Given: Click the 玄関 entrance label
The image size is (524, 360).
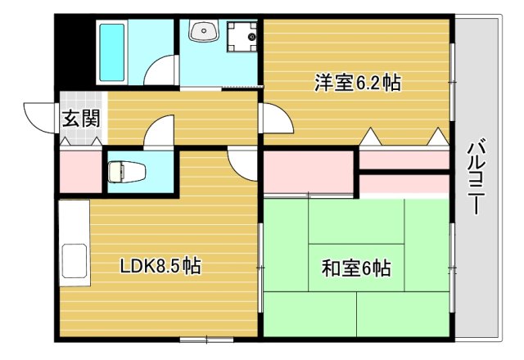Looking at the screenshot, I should pyautogui.click(x=81, y=117).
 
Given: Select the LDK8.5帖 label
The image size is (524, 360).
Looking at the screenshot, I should pyautogui.click(x=160, y=266).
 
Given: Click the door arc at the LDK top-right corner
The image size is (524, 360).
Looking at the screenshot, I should pyautogui.click(x=243, y=164).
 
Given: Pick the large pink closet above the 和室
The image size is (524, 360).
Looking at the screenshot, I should pyautogui.click(x=308, y=171).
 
